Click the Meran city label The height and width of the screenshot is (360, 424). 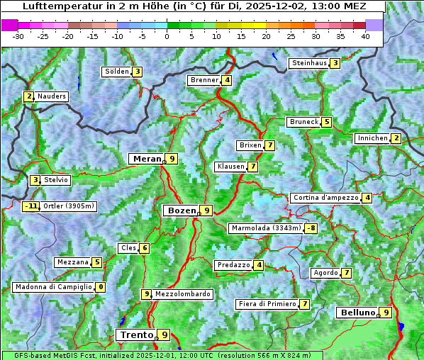[147, 159]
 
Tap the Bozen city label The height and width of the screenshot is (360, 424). [180, 210]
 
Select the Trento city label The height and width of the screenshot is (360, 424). [136, 334]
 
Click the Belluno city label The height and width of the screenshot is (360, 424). [357, 313]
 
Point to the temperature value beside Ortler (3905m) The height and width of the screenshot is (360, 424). [30, 206]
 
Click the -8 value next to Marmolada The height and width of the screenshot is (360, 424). [311, 228]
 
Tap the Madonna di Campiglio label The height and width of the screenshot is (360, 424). [53, 287]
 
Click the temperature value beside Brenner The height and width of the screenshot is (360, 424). [226, 80]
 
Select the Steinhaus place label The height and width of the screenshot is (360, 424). [309, 63]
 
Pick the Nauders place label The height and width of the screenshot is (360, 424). [52, 96]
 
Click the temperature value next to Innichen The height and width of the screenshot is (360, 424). [396, 138]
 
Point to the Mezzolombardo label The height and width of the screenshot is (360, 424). [182, 294]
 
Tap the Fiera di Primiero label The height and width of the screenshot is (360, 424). [267, 304]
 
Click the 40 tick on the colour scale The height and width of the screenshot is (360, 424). [365, 35]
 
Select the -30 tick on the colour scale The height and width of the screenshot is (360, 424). [18, 35]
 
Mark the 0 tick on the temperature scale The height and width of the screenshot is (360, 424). [167, 35]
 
